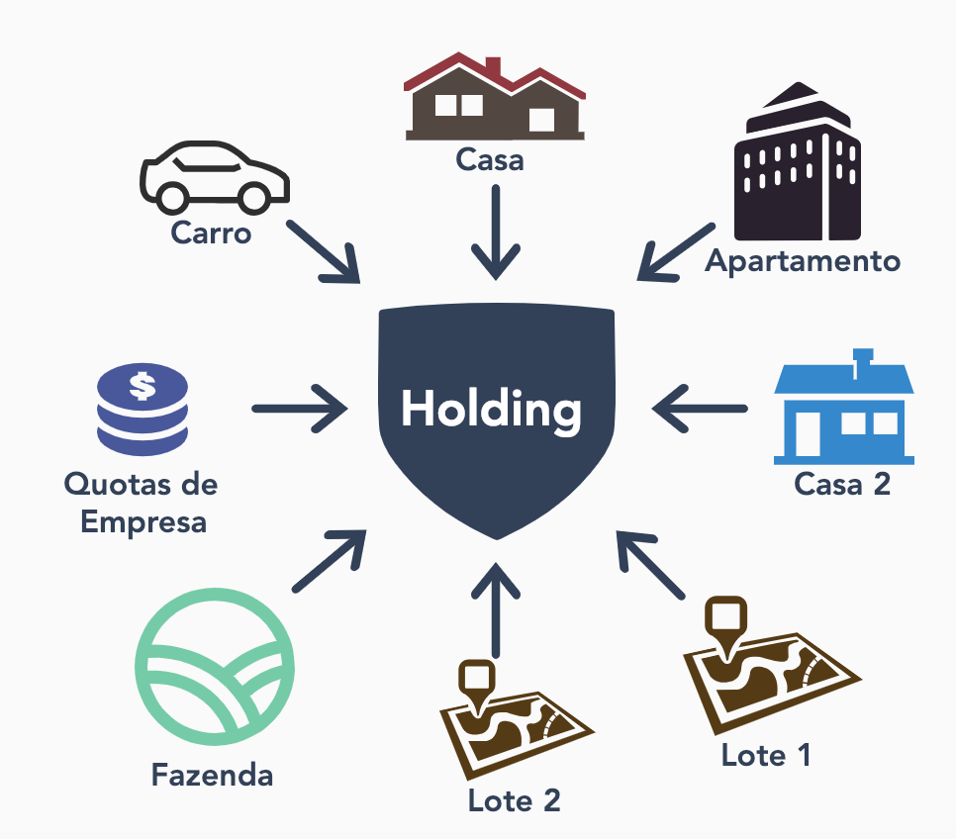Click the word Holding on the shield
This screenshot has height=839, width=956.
(492, 409)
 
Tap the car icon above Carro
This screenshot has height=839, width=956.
(214, 177)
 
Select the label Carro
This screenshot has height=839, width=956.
(211, 233)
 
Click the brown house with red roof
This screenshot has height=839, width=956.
(493, 102)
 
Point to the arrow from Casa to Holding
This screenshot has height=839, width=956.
(495, 232)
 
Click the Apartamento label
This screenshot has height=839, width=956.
(803, 261)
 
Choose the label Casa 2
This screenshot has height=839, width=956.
(842, 484)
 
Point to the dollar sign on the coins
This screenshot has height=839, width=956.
(143, 385)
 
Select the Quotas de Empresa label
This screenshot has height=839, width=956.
(142, 503)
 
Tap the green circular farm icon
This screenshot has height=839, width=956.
(214, 667)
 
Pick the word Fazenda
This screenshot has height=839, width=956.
(212, 774)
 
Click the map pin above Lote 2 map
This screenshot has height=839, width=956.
(478, 681)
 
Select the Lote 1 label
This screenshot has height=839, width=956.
(766, 755)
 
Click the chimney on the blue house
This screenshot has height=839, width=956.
(863, 359)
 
